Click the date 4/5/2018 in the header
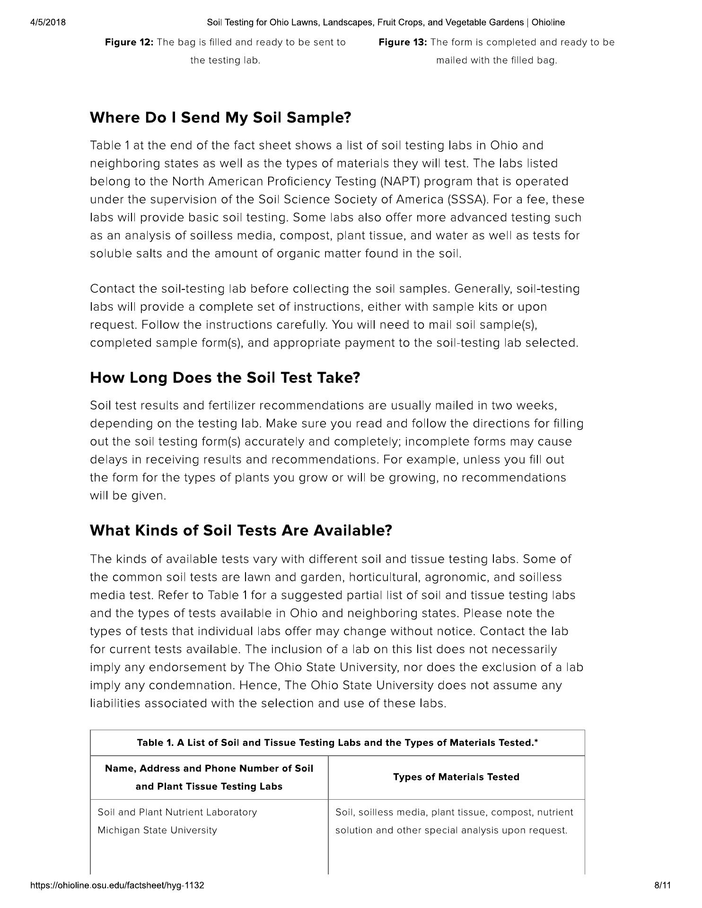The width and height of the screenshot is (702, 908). [x=48, y=22]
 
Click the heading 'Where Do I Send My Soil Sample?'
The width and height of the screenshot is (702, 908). [x=220, y=117]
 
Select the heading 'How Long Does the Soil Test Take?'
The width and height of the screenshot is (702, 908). [x=225, y=378]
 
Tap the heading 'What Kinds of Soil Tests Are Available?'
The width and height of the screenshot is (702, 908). [x=241, y=531]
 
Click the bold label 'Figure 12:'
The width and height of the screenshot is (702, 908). [x=129, y=43]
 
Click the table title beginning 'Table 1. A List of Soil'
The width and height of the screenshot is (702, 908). [x=337, y=742]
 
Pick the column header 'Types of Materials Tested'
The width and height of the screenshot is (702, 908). [x=456, y=777]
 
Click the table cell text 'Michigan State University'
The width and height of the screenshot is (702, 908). [x=157, y=830]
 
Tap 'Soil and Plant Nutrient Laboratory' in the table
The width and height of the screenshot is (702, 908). [x=177, y=812]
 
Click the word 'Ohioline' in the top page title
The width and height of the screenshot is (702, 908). [x=548, y=22]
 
